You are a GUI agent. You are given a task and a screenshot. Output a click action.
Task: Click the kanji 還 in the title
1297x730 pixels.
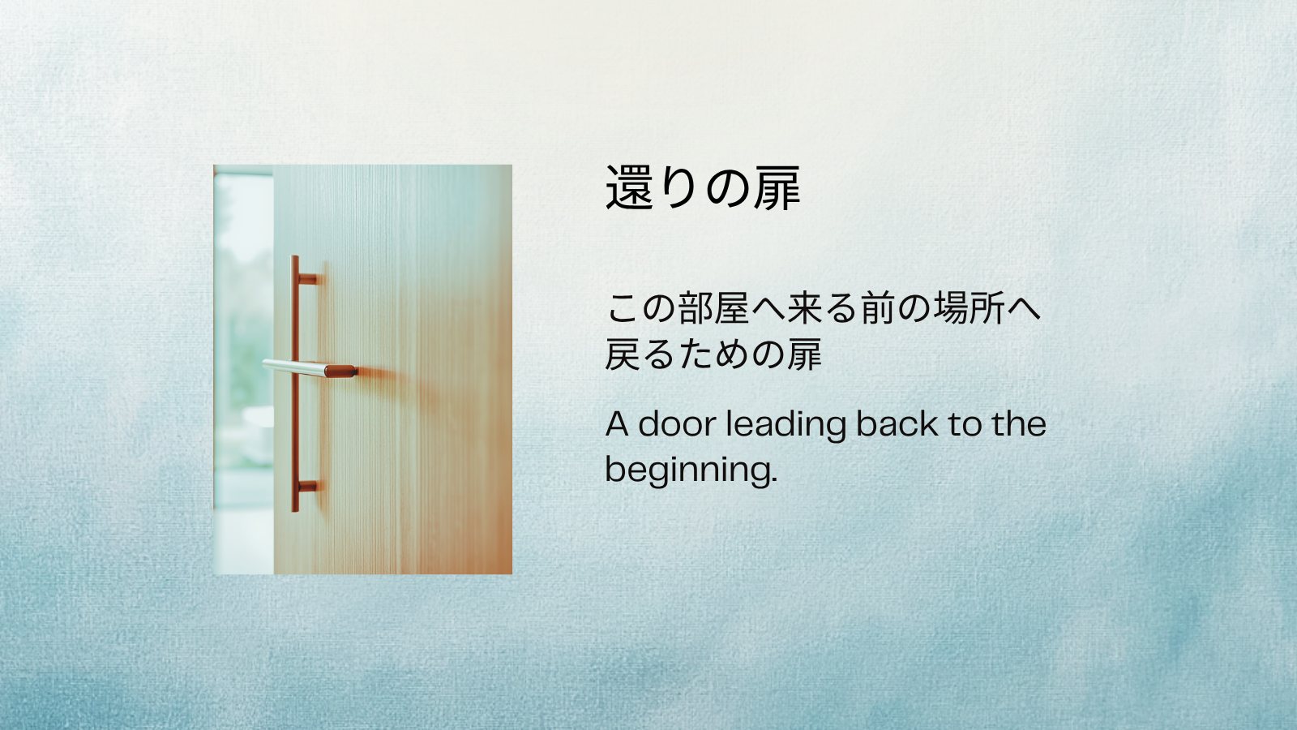click(x=629, y=188)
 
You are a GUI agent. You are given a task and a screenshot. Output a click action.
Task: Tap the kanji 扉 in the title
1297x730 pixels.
click(x=777, y=188)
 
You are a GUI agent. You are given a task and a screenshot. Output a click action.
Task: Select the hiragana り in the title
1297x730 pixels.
click(x=678, y=188)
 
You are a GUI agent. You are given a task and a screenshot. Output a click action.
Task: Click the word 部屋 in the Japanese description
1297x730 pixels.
click(x=713, y=308)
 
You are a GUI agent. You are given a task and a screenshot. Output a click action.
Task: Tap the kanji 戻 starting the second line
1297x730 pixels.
click(x=623, y=354)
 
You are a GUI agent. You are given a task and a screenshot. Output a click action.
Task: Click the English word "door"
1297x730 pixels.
click(x=677, y=424)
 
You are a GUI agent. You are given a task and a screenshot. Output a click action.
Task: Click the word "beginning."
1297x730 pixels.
click(x=691, y=470)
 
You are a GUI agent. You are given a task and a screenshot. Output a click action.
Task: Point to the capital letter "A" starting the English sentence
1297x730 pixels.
click(x=617, y=424)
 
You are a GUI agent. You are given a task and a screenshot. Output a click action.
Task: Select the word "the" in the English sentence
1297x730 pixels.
click(x=1018, y=424)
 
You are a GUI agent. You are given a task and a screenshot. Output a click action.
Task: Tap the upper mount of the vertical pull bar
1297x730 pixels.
click(x=307, y=280)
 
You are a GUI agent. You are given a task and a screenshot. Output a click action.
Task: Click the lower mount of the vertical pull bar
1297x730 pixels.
click(x=307, y=487)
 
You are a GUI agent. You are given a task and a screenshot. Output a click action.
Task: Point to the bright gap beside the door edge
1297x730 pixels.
click(x=242, y=365)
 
